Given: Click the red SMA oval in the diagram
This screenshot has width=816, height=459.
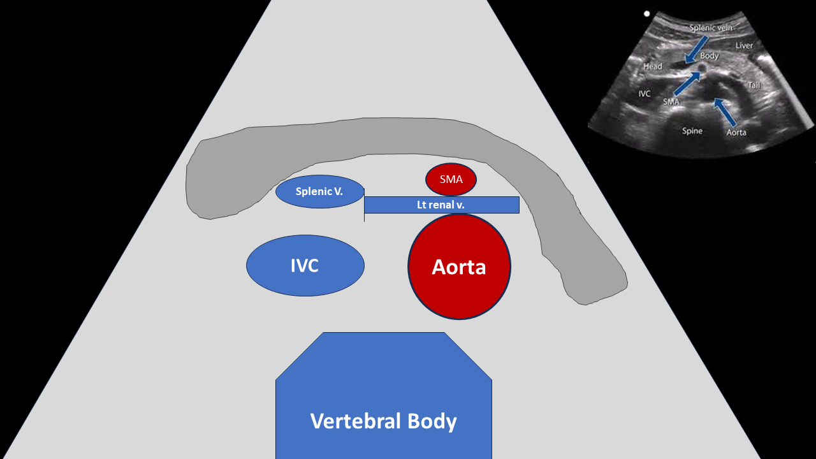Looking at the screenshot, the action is click(451, 179).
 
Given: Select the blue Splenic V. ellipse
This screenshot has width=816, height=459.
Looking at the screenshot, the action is click(320, 192).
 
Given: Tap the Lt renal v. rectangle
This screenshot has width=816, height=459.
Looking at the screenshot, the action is click(442, 205).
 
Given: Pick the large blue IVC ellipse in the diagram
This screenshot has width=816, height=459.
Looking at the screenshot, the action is click(305, 266).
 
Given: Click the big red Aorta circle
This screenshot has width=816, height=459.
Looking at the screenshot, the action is click(459, 266).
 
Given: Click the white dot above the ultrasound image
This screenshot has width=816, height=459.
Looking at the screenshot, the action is click(646, 14).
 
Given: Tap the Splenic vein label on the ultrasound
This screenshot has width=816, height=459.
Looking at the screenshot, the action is click(710, 27).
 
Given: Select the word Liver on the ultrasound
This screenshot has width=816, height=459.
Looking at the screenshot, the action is click(744, 45).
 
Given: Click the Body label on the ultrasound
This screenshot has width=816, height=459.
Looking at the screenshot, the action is click(710, 55).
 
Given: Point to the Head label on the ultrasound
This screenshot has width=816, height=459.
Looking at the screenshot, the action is click(652, 66).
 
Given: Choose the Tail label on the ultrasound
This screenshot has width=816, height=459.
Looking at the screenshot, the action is click(754, 85).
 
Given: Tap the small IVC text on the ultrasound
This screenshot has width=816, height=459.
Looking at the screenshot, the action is click(644, 94).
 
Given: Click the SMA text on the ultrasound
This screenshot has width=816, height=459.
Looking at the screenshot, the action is click(671, 102).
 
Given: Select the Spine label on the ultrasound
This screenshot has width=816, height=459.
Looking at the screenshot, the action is click(692, 131).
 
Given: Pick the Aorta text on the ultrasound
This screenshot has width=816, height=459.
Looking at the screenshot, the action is click(736, 133).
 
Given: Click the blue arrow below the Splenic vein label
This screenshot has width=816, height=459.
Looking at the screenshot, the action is click(696, 50).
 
